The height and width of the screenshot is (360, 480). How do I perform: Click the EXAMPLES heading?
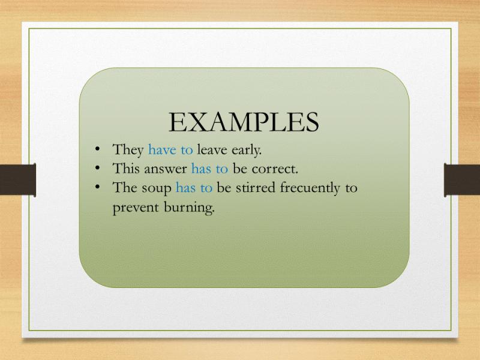(x=244, y=122)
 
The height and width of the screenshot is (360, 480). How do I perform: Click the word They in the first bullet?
(x=128, y=150)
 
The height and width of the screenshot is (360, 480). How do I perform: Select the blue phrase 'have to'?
(x=170, y=150)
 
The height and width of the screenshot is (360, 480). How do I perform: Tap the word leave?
(x=212, y=150)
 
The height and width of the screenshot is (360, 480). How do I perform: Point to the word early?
(x=247, y=151)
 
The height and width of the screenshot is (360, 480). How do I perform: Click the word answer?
(x=166, y=169)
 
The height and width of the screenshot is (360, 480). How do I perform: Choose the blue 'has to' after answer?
(x=209, y=169)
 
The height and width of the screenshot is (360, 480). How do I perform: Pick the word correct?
(x=275, y=169)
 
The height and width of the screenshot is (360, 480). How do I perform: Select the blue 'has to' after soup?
(x=194, y=188)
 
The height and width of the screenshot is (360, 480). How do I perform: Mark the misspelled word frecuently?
(x=310, y=188)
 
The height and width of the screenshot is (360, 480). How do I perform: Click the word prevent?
(x=136, y=208)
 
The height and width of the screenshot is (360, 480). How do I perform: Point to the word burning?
(x=189, y=208)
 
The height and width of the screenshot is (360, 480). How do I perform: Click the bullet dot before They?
(x=98, y=149)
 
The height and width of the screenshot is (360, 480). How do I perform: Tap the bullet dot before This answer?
(x=98, y=168)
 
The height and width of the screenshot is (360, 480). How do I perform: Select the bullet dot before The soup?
(x=98, y=187)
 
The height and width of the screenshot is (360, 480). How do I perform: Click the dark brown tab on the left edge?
(x=18, y=180)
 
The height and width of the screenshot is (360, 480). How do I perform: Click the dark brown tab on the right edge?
(x=462, y=180)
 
